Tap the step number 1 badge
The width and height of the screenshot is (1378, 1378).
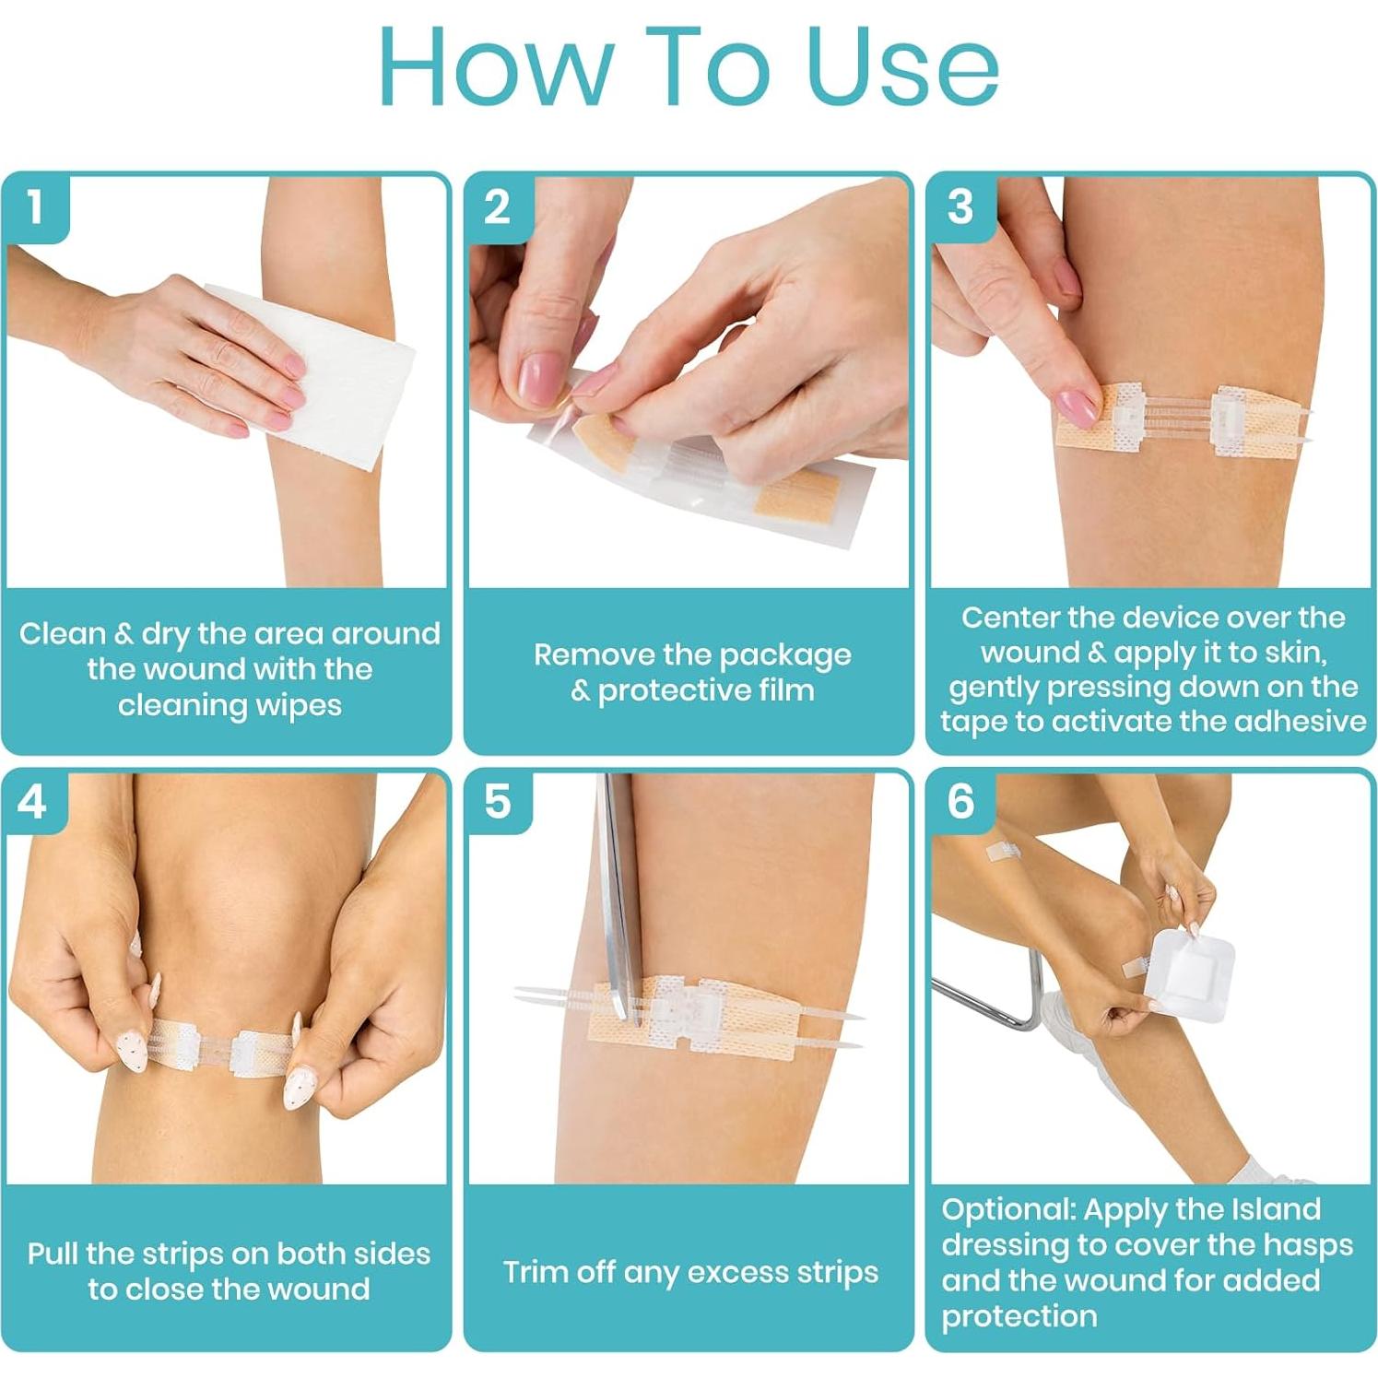[35, 207]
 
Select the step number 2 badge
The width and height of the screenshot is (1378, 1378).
[497, 207]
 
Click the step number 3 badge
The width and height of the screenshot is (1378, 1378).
[960, 207]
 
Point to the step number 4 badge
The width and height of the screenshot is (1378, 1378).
[32, 802]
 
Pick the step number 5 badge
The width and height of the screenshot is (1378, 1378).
[497, 802]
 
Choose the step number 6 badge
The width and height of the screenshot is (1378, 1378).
[960, 802]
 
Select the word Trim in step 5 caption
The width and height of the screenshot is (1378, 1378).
[532, 1272]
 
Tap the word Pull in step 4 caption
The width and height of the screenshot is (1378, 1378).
[53, 1254]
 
